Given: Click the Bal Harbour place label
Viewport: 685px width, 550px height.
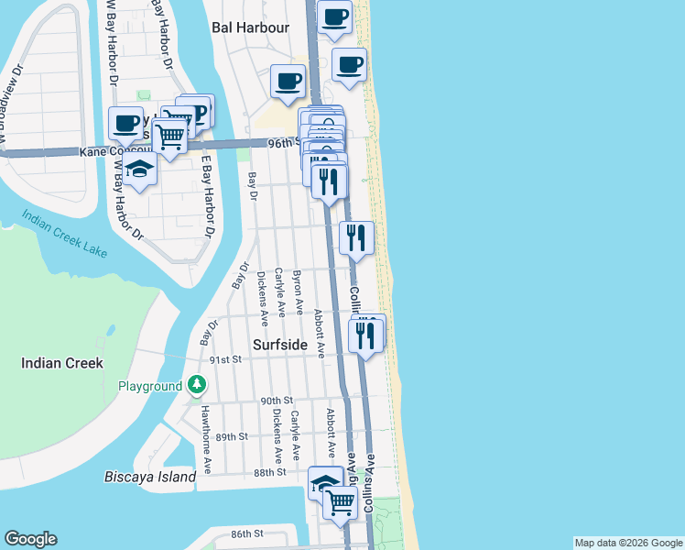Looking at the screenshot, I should click(250, 27).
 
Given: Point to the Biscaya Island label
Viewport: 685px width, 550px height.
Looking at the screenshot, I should click(150, 477).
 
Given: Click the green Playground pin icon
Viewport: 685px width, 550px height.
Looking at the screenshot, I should click(196, 386).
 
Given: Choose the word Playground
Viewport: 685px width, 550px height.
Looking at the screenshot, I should click(150, 387).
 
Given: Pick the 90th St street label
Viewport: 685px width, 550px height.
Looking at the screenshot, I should click(275, 401).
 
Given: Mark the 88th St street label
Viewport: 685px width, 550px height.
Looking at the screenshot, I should click(270, 471).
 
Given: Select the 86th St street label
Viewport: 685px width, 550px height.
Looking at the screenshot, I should click(247, 533).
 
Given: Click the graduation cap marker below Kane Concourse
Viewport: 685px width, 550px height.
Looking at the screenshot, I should click(139, 169).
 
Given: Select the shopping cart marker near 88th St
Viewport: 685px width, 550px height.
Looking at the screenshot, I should click(341, 500).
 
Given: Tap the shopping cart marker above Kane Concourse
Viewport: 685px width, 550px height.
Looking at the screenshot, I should click(170, 137).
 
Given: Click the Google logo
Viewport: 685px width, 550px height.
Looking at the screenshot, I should click(30, 539).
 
